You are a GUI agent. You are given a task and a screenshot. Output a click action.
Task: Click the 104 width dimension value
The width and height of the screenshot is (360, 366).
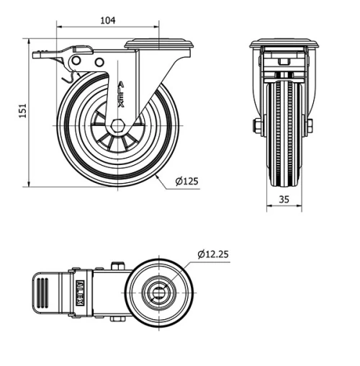click(107, 20)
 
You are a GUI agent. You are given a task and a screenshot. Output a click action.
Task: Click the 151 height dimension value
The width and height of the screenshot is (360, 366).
click(22, 110)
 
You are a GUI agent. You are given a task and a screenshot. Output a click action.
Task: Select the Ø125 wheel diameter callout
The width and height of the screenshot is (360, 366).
click(186, 182)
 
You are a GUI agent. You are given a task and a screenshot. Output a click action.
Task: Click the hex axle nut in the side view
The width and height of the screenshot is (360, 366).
click(116, 125)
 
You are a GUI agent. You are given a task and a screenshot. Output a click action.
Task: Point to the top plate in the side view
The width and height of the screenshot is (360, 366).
click(159, 44)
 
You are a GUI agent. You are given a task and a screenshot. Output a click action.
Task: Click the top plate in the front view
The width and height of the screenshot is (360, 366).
click(284, 44)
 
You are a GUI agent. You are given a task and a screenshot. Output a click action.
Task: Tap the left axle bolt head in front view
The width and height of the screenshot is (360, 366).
click(257, 125)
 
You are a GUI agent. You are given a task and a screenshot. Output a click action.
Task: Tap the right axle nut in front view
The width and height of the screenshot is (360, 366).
click(310, 125)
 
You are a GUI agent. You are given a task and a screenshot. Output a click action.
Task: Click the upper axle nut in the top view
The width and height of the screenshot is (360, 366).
click(116, 266)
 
